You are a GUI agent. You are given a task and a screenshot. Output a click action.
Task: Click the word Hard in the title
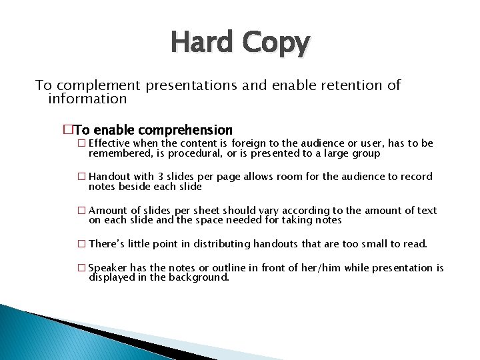click(x=201, y=43)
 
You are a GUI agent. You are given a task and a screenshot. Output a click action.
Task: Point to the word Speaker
click(x=108, y=268)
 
